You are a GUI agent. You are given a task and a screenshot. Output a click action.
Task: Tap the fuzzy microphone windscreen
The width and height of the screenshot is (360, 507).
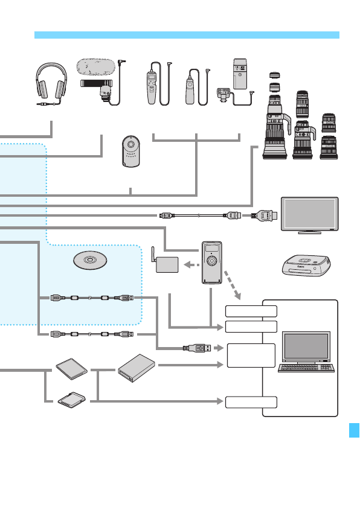95,66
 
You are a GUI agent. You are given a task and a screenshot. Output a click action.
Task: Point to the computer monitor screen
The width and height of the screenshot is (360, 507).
306,346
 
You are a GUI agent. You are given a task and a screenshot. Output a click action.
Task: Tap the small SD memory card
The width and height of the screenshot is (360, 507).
71,399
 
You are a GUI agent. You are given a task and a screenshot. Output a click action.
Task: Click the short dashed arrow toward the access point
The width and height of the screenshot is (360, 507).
191,264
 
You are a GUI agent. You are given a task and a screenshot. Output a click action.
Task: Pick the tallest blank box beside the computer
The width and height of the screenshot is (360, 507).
251,356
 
